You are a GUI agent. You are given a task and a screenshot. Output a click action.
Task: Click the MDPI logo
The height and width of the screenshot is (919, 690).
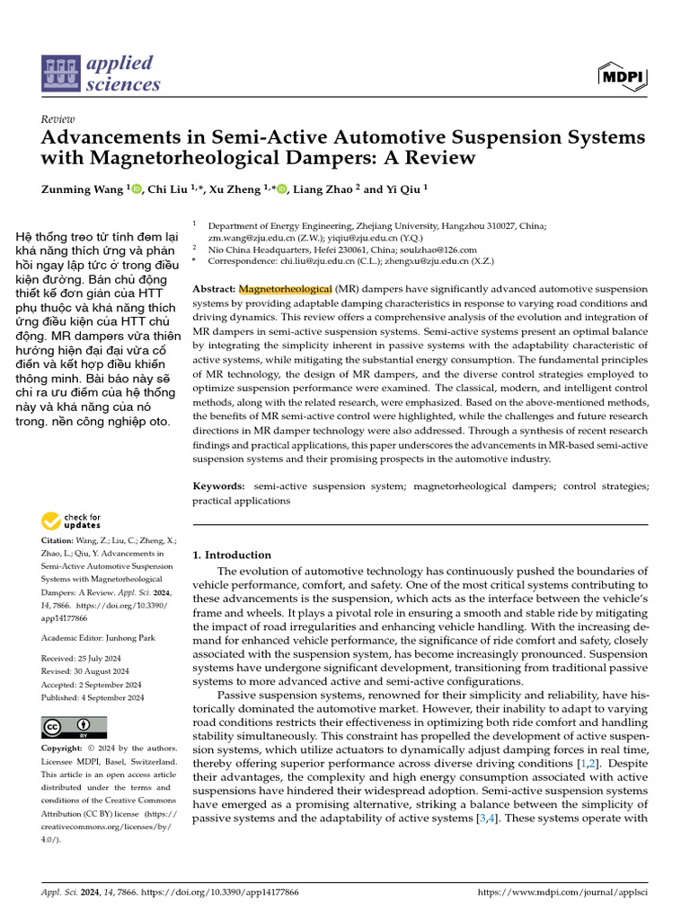pos(623,78)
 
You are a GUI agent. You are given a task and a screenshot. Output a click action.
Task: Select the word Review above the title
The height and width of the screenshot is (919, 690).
pos(58,119)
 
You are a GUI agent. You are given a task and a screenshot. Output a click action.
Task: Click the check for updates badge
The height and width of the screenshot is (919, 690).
pos(72,521)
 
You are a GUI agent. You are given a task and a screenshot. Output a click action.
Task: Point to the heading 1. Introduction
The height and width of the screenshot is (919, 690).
pos(232,555)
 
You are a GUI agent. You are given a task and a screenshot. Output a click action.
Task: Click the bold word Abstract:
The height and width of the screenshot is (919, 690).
pos(214,289)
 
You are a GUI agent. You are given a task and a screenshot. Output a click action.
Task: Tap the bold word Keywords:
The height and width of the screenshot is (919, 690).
pos(219,486)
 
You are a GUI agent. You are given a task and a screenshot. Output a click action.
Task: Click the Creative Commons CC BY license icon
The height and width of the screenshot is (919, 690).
pos(74,728)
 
